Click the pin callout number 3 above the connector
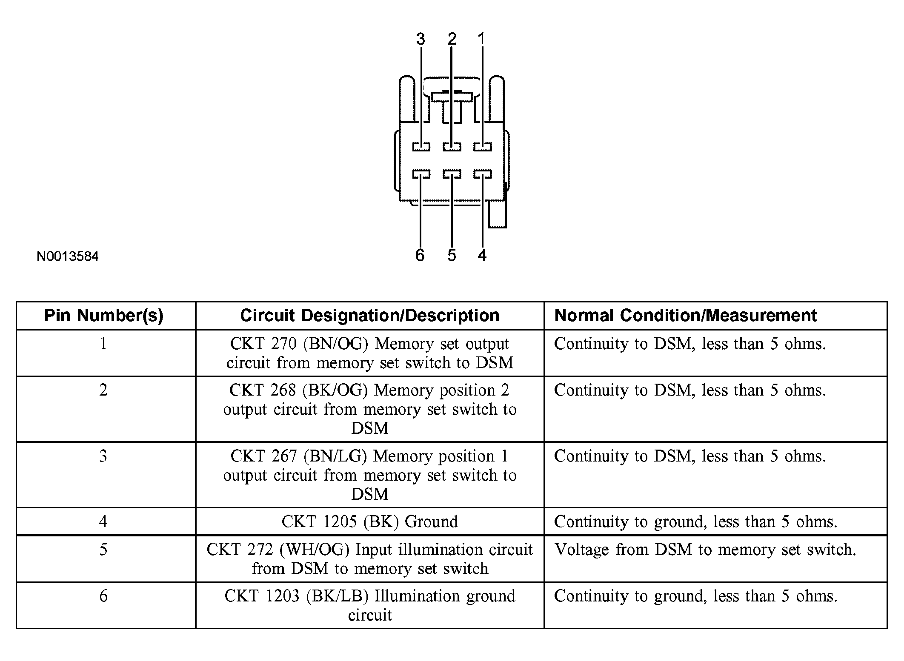(x=421, y=39)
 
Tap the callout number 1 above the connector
(x=481, y=39)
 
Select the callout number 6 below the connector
(x=420, y=255)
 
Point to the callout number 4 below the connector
(x=482, y=255)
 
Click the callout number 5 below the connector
(x=452, y=255)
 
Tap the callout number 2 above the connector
(x=452, y=39)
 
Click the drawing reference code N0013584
(x=68, y=256)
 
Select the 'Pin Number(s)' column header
(x=104, y=316)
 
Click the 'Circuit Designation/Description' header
(x=369, y=316)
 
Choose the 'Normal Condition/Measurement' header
(x=685, y=316)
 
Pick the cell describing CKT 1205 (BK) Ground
(x=369, y=521)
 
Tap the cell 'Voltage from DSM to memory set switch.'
(x=705, y=550)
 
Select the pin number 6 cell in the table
(x=103, y=596)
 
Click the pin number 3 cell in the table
(x=103, y=456)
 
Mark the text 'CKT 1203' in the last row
(x=262, y=596)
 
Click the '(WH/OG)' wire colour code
(x=314, y=550)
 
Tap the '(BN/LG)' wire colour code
(x=335, y=456)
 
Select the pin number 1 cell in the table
(x=103, y=344)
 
